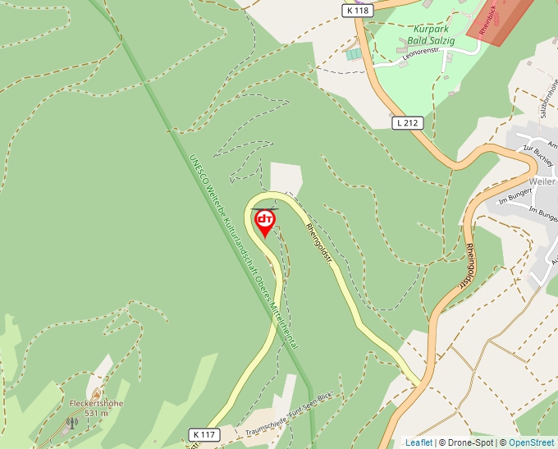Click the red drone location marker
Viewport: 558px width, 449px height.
coord(265,222)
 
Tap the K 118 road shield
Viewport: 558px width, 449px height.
coord(358,11)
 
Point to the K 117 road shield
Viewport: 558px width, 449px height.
coord(203,433)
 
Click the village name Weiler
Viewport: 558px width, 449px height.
coord(542,181)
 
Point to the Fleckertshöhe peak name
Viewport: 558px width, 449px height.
coord(96,403)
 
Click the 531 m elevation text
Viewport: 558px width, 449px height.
coord(96,413)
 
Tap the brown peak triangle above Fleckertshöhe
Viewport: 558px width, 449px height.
coord(97,393)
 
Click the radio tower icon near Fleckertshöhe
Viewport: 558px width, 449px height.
coord(72,424)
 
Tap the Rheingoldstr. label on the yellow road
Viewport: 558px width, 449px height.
coord(319,243)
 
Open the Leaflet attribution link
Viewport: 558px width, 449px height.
coord(418,442)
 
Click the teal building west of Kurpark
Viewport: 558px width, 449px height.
coord(353,54)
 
